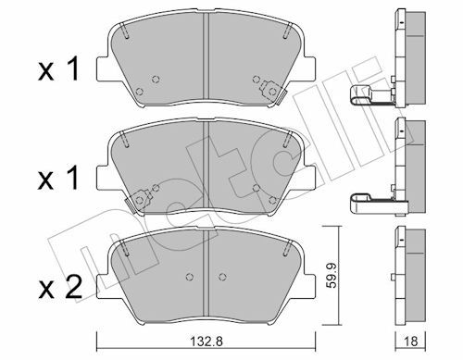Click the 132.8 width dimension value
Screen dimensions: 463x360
pyautogui.click(x=206, y=341)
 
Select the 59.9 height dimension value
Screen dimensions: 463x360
pyautogui.click(x=332, y=276)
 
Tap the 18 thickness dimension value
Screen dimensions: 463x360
pyautogui.click(x=410, y=341)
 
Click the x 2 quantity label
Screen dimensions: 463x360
pyautogui.click(x=60, y=288)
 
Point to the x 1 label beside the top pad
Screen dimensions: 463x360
pyautogui.click(x=58, y=70)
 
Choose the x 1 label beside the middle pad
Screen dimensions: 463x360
pyautogui.click(x=58, y=179)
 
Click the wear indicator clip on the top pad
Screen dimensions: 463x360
pyautogui.click(x=272, y=92)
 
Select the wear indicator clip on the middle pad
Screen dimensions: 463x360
pyautogui.click(x=138, y=201)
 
